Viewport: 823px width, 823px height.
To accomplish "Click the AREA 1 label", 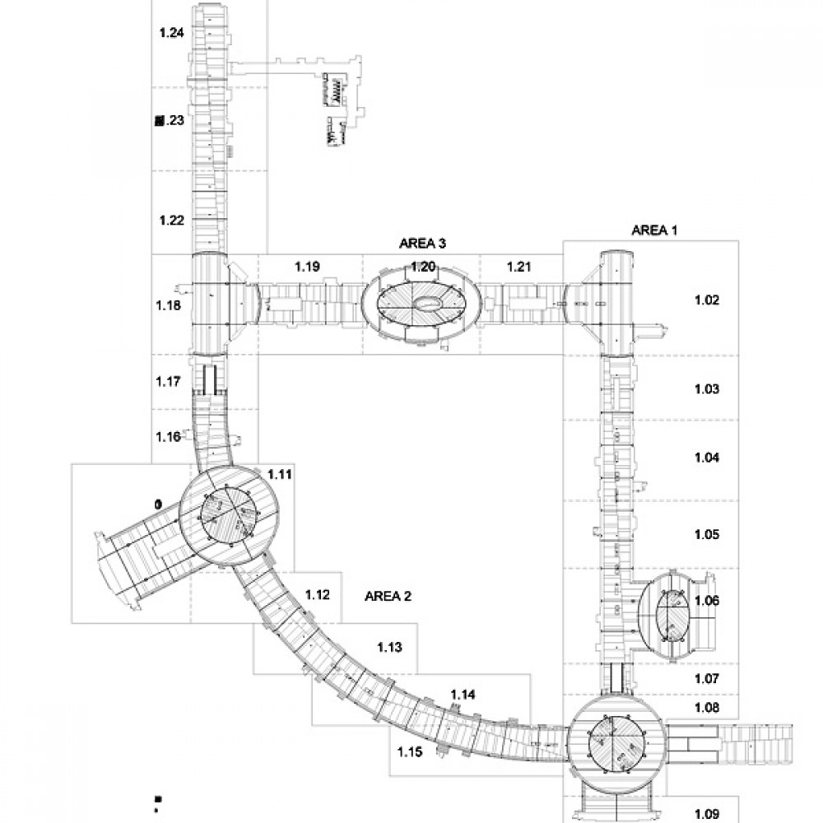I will point(653,230).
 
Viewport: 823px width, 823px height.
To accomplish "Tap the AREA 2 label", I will point(387,597).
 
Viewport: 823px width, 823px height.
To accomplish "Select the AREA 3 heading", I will point(422,243).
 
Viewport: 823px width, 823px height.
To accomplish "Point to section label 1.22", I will point(171,220).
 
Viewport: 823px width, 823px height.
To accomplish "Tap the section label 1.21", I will point(520,267).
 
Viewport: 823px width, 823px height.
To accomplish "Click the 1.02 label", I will point(706,300).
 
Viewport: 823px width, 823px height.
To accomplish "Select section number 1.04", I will point(706,457).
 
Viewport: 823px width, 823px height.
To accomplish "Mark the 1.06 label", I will point(706,601).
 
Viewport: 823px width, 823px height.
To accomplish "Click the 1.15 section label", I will point(410,751).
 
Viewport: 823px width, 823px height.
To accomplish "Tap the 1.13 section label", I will point(389,648).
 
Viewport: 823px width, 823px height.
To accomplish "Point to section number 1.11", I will point(280,475).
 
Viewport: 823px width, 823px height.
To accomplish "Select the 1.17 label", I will point(168,382).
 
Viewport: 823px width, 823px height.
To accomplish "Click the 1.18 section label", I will point(168,306).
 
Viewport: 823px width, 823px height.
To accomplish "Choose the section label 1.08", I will point(706,707).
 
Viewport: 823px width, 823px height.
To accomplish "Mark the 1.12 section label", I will point(318,594).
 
